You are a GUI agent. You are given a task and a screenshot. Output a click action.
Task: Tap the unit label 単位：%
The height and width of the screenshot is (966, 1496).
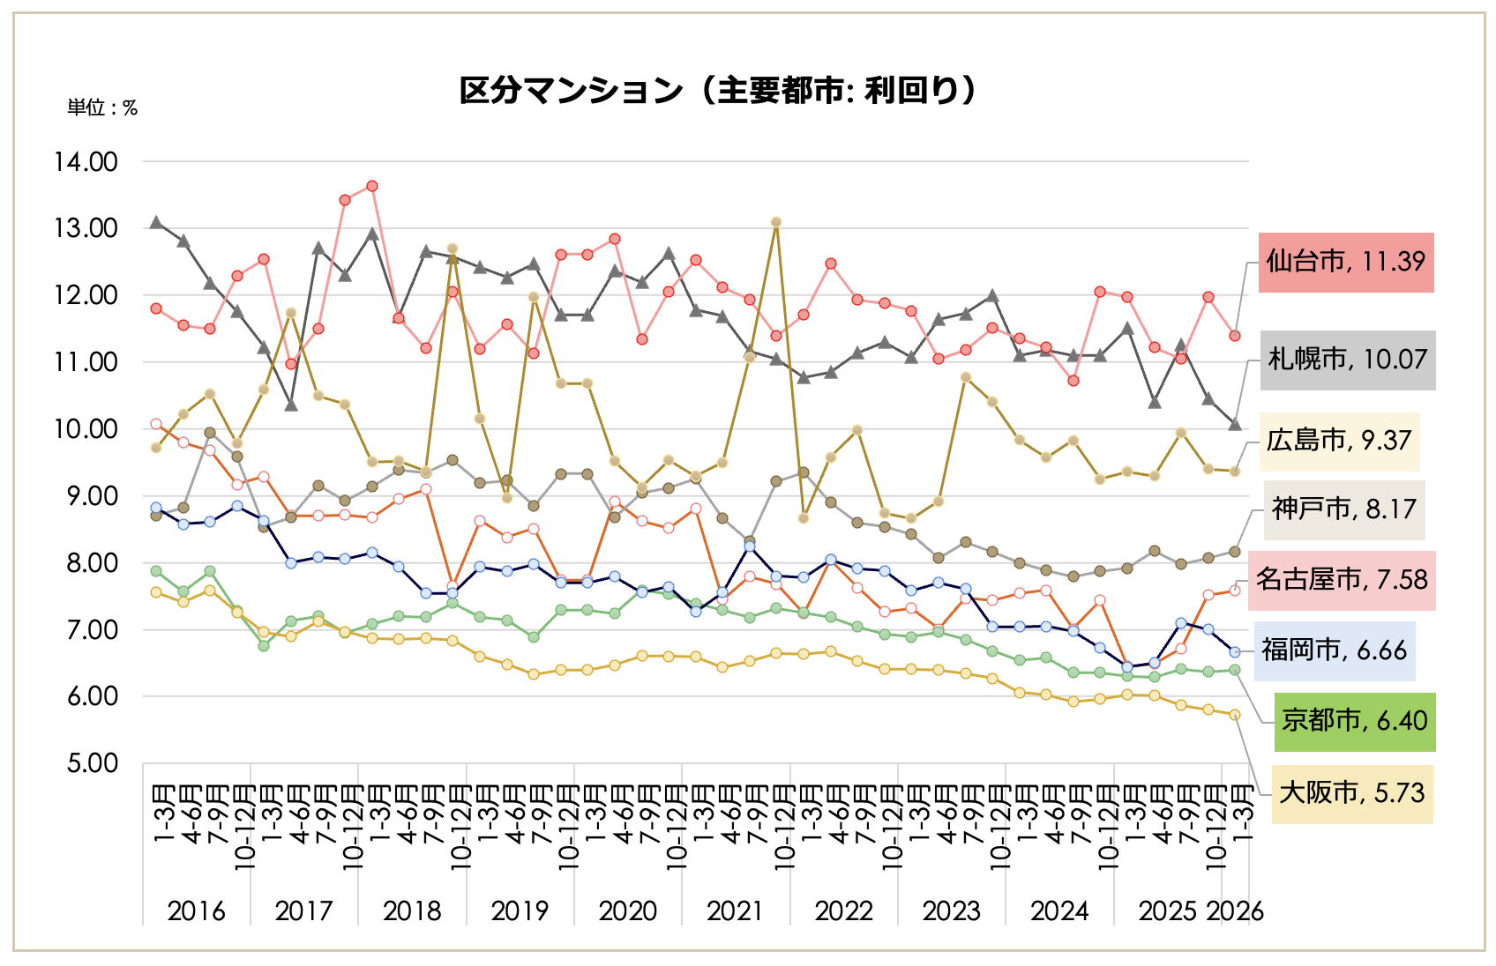pyautogui.click(x=102, y=108)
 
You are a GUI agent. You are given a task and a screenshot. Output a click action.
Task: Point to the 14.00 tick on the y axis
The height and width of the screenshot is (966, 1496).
pyautogui.click(x=86, y=162)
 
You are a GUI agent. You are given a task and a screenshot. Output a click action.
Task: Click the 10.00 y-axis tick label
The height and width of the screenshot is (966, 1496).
pyautogui.click(x=86, y=429)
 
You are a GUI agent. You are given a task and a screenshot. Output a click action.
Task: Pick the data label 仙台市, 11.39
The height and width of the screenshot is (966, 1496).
pyautogui.click(x=1345, y=262)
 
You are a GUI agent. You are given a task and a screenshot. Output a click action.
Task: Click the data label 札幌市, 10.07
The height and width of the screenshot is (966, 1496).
pyautogui.click(x=1347, y=360)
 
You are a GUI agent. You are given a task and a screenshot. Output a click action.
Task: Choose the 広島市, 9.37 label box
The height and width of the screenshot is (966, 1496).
pyautogui.click(x=1338, y=441)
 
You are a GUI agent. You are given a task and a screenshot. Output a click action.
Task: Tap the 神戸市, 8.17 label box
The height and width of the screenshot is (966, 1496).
pyautogui.click(x=1343, y=509)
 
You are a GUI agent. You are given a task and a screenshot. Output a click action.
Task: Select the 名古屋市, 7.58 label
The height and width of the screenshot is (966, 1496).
pyautogui.click(x=1342, y=580)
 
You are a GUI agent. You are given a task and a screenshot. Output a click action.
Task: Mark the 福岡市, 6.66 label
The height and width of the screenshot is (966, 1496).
pyautogui.click(x=1334, y=650)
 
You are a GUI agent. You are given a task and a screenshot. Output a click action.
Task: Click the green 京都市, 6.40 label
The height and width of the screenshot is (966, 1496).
pyautogui.click(x=1354, y=721)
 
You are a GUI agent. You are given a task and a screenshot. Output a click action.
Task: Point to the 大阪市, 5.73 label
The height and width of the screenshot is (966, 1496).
pyautogui.click(x=1351, y=793)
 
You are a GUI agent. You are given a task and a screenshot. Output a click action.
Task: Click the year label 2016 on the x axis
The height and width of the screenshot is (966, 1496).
pyautogui.click(x=196, y=911)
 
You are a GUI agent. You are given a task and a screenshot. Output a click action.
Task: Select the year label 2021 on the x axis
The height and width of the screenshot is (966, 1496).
pyautogui.click(x=735, y=911)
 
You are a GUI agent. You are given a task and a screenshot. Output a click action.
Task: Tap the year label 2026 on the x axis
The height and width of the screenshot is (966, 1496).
pyautogui.click(x=1235, y=911)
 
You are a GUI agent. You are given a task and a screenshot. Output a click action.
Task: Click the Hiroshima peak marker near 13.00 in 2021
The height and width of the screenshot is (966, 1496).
pyautogui.click(x=776, y=222)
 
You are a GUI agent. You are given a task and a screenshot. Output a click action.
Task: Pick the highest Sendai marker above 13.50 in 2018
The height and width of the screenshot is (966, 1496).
pyautogui.click(x=372, y=186)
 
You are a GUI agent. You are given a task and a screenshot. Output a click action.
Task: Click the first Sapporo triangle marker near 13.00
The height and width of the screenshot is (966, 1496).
pyautogui.click(x=156, y=223)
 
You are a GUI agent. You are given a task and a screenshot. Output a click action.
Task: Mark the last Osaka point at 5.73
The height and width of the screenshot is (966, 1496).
pyautogui.click(x=1235, y=715)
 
